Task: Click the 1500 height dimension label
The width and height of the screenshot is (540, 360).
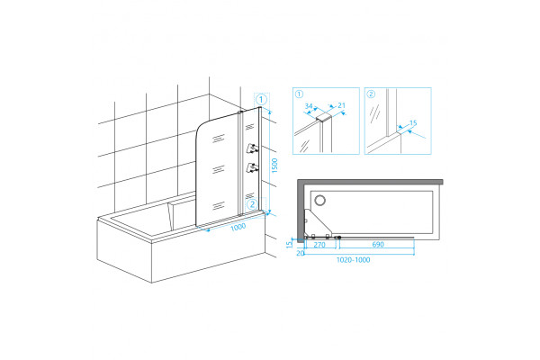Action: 274,166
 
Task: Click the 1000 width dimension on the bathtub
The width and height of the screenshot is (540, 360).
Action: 238,227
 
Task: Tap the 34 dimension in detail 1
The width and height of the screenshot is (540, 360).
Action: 309,106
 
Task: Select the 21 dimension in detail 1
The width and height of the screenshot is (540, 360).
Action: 341,105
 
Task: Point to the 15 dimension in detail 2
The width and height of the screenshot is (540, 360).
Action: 413,123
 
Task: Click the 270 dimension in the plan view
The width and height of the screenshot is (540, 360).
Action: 319,245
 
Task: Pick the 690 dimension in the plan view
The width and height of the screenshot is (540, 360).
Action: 378,244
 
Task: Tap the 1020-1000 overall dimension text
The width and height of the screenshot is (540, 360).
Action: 354,260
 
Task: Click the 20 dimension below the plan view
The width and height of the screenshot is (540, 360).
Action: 301,253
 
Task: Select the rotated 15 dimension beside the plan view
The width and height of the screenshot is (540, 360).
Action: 289,244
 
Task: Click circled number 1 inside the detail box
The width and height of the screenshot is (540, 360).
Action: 300,94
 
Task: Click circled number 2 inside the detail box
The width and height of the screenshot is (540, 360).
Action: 371,94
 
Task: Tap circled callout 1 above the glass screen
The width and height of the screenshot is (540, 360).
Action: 261,100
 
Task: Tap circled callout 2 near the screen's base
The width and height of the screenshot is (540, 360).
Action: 252,204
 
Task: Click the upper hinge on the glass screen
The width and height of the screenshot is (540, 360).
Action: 252,148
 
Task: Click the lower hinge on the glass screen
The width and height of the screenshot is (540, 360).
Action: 252,167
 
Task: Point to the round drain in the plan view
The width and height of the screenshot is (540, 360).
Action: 320,200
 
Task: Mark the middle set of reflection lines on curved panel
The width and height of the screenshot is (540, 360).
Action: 218,169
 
